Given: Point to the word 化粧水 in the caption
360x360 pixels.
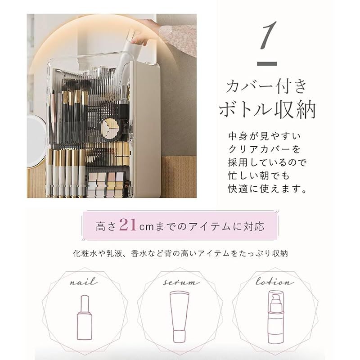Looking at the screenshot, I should click(x=84, y=254).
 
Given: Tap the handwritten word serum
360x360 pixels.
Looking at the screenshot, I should click(x=180, y=283).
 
